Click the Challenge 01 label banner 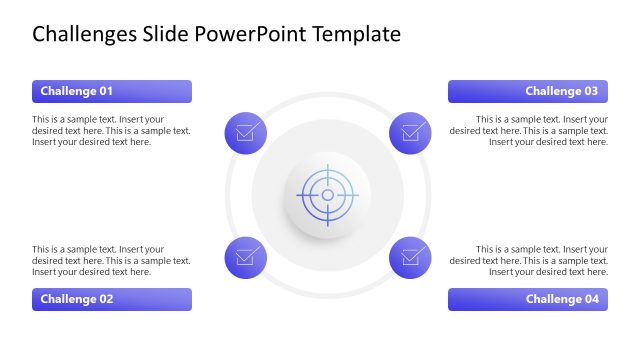[x=111, y=92]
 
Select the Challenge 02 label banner [x=111, y=299]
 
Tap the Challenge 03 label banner [x=527, y=92]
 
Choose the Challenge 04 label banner [x=527, y=299]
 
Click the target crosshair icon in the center [x=327, y=194]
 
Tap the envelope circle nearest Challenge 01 [x=246, y=132]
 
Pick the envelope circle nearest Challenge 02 [x=246, y=257]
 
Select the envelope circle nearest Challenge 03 [x=409, y=132]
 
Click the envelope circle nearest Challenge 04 [x=409, y=257]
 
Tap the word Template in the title [x=356, y=35]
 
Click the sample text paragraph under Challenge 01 [x=111, y=130]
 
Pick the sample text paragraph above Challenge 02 [x=111, y=260]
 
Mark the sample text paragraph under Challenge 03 [x=529, y=130]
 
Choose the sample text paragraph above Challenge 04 [x=529, y=260]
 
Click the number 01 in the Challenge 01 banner [x=105, y=92]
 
